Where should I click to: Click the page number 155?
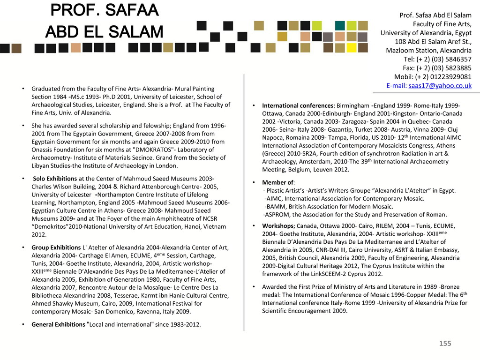[445, 344]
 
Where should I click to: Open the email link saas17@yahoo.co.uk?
[440, 86]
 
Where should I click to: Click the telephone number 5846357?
[456, 59]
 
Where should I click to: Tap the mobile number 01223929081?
[450, 77]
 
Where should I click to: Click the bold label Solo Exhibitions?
[55, 179]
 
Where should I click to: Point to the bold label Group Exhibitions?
[56, 247]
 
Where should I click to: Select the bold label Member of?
[277, 182]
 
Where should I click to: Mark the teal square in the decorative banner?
[340, 25]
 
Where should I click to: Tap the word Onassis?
[43, 150]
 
